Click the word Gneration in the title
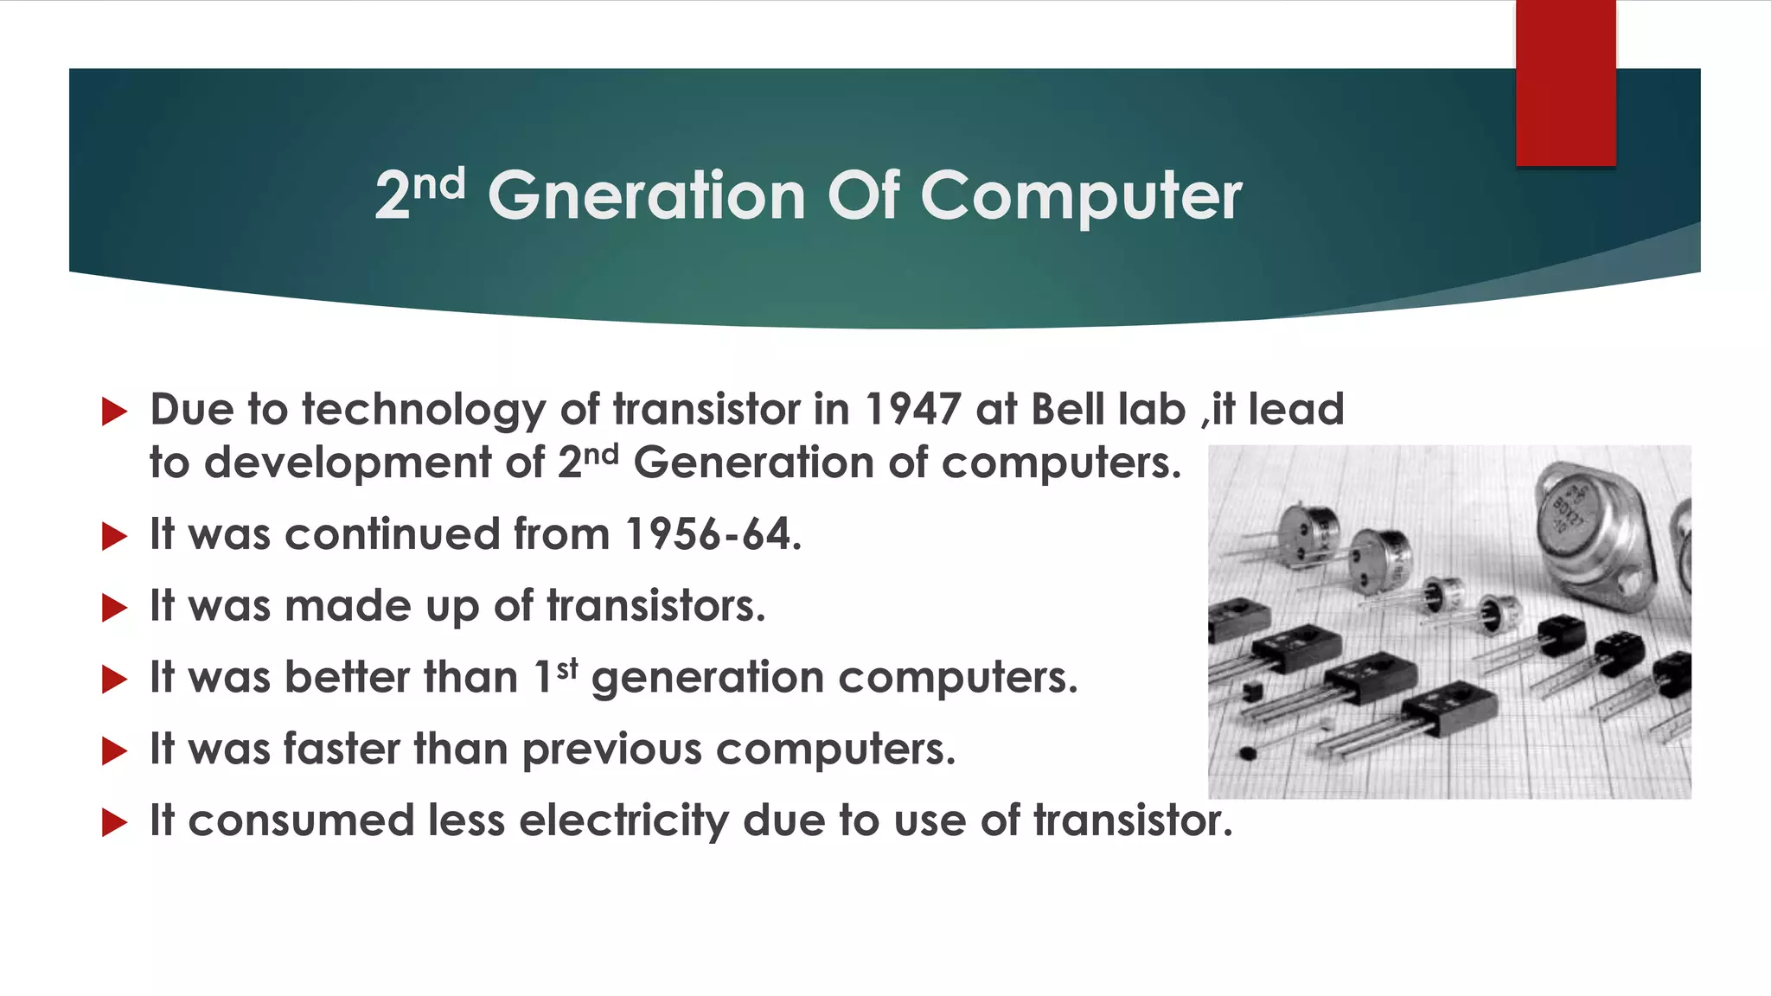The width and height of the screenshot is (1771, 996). click(647, 196)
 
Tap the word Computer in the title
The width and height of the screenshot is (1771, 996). click(1081, 196)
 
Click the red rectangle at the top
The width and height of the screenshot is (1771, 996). click(1565, 83)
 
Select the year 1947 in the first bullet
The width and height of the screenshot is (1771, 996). click(912, 410)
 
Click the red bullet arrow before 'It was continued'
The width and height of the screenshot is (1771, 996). click(114, 536)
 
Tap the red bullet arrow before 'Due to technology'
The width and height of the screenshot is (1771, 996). click(114, 412)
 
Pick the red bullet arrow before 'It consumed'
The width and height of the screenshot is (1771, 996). click(114, 822)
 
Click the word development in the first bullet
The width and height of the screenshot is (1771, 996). click(348, 463)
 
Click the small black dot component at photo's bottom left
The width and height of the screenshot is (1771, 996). click(1247, 753)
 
